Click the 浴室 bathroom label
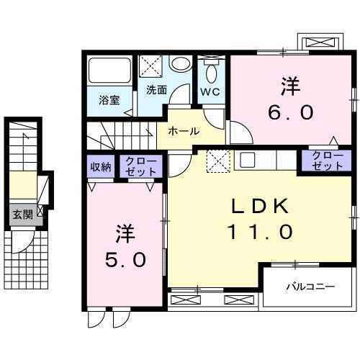coord(109,100)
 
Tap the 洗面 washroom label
coord(156,90)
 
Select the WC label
coord(210,91)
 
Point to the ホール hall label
coord(184,131)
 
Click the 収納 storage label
coord(101,167)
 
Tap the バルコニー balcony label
coord(310,287)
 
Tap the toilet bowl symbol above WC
coord(211,72)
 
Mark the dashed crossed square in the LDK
coord(217,161)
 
